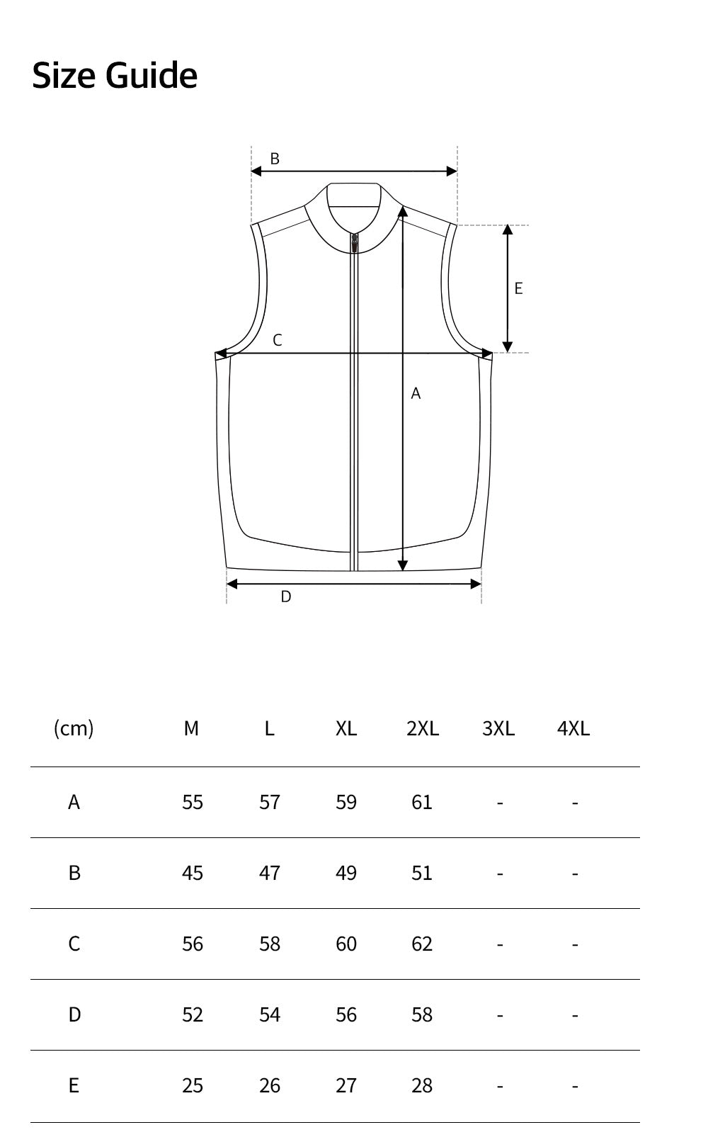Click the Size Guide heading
click(x=115, y=75)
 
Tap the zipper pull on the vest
click(x=355, y=243)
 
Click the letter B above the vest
click(x=275, y=159)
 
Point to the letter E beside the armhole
click(x=518, y=288)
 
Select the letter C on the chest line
click(x=278, y=340)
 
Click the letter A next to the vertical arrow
click(x=416, y=393)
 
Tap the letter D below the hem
click(x=286, y=596)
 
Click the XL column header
click(x=346, y=728)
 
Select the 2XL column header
click(x=423, y=728)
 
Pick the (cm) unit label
click(x=74, y=728)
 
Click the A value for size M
click(x=193, y=802)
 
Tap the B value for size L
click(x=270, y=873)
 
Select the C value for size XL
click(x=346, y=944)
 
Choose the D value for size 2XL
click(x=422, y=1014)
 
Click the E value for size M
click(x=193, y=1085)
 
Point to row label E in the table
click(x=74, y=1085)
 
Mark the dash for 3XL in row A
click(x=500, y=803)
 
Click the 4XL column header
click(x=573, y=728)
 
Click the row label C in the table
click(x=74, y=944)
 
